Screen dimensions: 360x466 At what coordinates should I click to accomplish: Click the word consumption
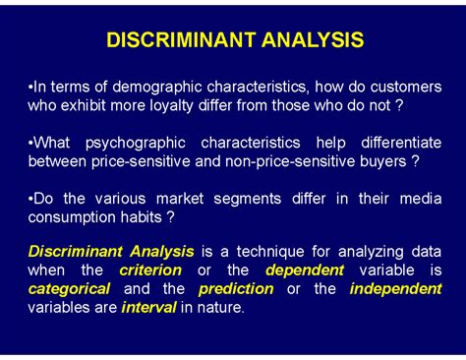click(x=74, y=217)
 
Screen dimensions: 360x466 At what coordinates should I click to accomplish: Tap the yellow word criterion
click(x=150, y=270)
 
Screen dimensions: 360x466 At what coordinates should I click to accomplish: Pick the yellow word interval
click(x=149, y=307)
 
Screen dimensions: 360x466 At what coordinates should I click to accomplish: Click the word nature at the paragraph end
click(x=220, y=307)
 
